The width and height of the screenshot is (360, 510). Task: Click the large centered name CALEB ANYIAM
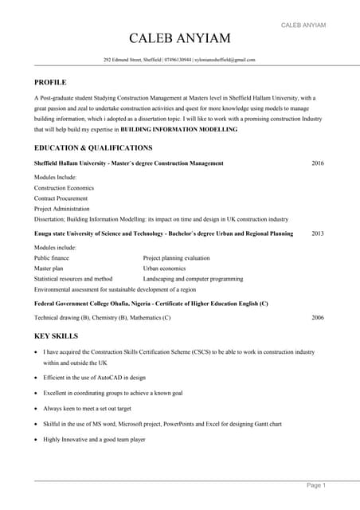tap(180, 40)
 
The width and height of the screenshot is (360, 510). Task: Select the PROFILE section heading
tap(50, 82)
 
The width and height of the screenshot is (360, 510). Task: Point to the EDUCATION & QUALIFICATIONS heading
tap(93, 148)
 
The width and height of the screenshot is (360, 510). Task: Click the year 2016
tap(318, 163)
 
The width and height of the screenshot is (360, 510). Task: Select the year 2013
tap(318, 233)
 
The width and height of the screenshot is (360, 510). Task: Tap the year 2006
tap(318, 317)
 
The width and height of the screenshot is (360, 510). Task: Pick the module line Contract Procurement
tap(61, 198)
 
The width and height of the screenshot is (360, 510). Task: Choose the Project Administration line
tap(64, 208)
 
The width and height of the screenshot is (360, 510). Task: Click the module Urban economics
tap(165, 269)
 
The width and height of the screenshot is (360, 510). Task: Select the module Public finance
tap(52, 258)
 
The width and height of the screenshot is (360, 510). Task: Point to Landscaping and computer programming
tap(194, 279)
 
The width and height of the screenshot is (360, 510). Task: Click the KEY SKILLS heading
tap(56, 336)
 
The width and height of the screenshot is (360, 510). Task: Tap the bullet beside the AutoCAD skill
tap(36, 378)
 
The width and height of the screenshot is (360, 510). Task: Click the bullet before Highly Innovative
tap(36, 439)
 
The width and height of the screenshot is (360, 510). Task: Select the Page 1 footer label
tap(316, 485)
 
